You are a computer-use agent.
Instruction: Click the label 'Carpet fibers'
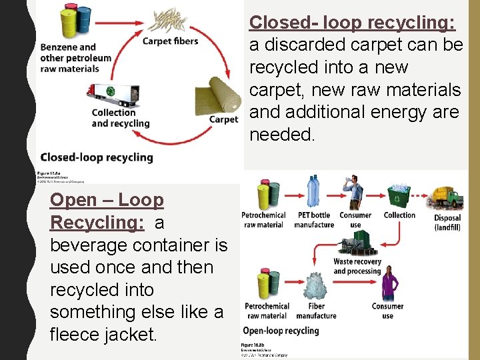pos(171,41)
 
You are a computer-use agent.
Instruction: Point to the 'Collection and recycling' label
pos(121,118)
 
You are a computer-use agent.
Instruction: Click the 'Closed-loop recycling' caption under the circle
pos(97,157)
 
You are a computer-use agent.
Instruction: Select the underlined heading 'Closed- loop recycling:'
pos(352,22)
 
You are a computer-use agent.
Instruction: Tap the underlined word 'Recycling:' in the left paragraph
pos(97,222)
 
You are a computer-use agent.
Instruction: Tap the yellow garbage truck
pos(447,197)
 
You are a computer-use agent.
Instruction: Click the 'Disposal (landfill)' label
pos(447,223)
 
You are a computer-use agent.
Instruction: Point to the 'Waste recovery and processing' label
pos(357,266)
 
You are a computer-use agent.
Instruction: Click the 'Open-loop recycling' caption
pos(281,330)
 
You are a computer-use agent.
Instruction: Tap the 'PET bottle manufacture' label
pos(314,219)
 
